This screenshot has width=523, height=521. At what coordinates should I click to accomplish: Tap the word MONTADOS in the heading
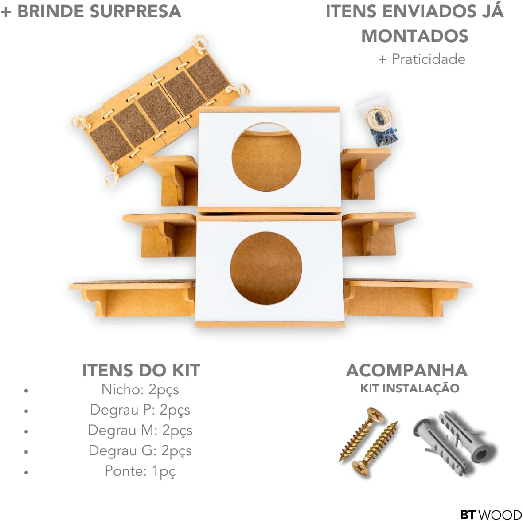coord(415,36)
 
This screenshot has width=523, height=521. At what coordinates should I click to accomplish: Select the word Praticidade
coord(429,59)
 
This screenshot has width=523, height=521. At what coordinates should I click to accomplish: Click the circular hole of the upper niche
coord(266,157)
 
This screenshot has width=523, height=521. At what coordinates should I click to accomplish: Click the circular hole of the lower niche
coord(266,268)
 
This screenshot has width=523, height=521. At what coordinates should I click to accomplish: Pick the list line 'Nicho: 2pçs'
coord(140,390)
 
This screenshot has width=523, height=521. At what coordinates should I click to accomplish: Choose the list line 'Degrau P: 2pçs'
coord(140,410)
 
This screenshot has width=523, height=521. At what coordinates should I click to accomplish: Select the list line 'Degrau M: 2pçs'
coord(140,431)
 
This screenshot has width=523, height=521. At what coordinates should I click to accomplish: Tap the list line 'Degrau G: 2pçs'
coord(140,451)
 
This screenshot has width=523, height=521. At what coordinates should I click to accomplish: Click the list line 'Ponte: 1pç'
coord(140,471)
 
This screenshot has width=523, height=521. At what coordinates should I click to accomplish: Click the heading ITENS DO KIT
coord(141,371)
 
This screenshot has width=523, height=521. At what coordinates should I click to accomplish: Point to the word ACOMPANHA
coord(407,371)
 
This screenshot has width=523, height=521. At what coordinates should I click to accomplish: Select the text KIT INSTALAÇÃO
coord(410,388)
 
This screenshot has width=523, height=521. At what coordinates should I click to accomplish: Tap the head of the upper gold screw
coord(375,415)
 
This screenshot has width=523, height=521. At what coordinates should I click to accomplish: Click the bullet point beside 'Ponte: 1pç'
coord(26,472)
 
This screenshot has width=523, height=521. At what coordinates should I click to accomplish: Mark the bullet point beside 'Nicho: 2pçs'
coord(26,391)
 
